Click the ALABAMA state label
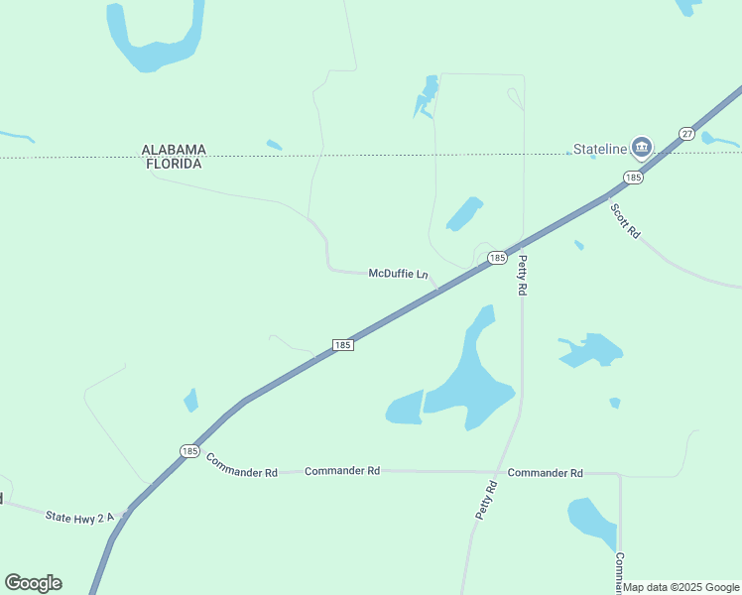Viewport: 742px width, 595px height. (x=174, y=150)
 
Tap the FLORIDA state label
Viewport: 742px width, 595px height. (x=174, y=164)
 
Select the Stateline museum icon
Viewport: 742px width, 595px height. (x=641, y=149)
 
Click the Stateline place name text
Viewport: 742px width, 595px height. (x=600, y=150)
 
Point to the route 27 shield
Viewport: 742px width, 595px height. (x=686, y=133)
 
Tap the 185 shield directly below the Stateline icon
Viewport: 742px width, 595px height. (x=633, y=178)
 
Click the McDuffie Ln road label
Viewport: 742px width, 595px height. (x=398, y=273)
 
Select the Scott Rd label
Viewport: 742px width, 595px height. (x=625, y=220)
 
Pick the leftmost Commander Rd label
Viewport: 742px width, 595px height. (x=241, y=465)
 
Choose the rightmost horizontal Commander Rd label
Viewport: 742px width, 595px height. (x=545, y=473)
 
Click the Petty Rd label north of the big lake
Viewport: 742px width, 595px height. (x=522, y=274)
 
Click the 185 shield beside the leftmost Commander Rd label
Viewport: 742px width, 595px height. (x=189, y=450)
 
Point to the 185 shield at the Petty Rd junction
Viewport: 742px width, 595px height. (x=497, y=258)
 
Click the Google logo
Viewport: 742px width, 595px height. (x=33, y=583)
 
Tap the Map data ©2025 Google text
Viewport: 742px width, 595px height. (x=681, y=587)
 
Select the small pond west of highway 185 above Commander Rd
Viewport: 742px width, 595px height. (x=190, y=400)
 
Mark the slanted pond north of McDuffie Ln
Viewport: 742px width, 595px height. (x=463, y=213)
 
